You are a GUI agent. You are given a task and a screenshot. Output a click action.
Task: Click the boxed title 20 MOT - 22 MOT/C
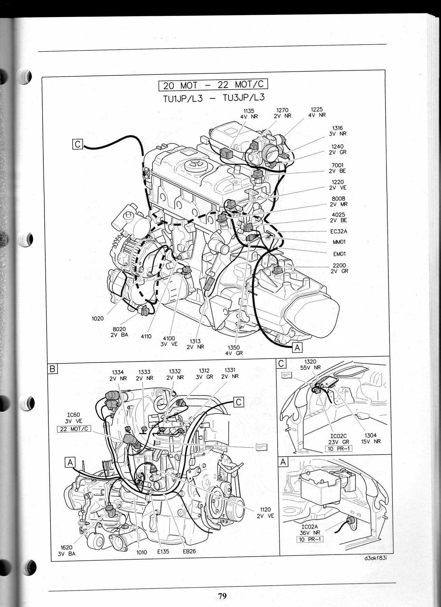pos(213,84)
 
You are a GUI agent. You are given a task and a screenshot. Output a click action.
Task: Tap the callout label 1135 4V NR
pos(249,114)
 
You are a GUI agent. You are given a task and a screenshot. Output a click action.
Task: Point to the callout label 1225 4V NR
pos(317,112)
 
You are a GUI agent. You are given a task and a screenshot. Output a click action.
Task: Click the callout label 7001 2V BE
pos(338,168)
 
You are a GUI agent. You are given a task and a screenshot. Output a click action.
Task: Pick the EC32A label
pos(339,232)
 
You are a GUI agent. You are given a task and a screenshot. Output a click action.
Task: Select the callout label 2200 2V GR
pos(339,268)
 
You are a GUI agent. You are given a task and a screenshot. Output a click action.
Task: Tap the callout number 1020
pos(98,318)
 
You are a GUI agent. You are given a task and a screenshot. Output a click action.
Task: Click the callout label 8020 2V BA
pos(119,332)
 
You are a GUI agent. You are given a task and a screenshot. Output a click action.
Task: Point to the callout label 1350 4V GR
pos(234,351)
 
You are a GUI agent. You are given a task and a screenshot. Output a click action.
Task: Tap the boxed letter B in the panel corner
pos(52,369)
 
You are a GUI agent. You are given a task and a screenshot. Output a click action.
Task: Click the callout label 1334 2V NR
pos(118,375)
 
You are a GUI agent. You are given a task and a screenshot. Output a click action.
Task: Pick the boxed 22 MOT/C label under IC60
pos(74,429)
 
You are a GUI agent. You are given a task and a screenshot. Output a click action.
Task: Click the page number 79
pos(222,596)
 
